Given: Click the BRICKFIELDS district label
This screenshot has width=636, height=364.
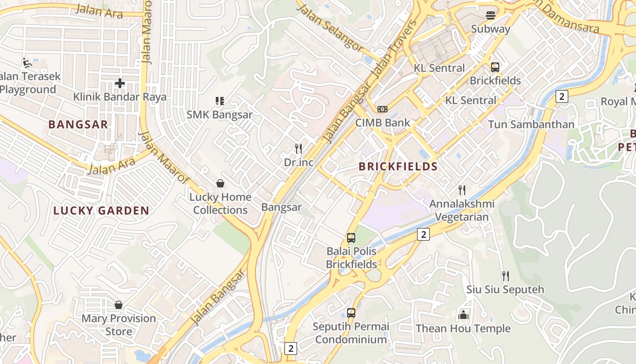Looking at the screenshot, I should pos(398,167).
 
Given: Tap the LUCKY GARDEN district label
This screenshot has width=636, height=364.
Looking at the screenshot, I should pos(101,211).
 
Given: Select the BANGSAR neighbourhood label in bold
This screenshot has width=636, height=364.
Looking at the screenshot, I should pos(78,125).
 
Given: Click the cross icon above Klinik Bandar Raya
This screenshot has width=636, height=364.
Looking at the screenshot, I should pos(120,83).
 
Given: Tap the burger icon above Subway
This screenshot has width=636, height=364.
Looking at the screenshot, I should pos(491,15).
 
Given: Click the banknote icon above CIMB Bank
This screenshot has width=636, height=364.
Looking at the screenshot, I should pos(383,109).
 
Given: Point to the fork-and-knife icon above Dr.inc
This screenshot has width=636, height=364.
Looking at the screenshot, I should pos(298,149).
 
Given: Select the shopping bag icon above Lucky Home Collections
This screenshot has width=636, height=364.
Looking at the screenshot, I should pos(220,183).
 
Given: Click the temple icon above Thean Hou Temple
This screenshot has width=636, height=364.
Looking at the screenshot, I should pos(463,315).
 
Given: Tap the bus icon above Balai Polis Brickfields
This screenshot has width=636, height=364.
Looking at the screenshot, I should pos(351,238).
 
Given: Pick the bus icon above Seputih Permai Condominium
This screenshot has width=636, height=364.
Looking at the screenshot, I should pos(351,313).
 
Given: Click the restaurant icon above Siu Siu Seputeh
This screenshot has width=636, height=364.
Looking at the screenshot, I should pos(505,276).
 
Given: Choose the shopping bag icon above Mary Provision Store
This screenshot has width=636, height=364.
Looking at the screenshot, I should pos(119,305).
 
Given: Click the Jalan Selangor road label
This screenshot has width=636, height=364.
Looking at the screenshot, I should pos(331,28).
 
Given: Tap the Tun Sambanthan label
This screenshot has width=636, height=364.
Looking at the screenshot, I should pos(531,124).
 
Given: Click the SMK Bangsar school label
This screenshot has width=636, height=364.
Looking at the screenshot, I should pos(219,115).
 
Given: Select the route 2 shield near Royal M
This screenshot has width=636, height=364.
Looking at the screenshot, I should pos(562,96).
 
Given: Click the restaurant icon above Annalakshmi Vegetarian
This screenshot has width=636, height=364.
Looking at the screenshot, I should pos(462,190).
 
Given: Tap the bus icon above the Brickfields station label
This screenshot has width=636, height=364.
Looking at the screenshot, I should pos(495,67).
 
